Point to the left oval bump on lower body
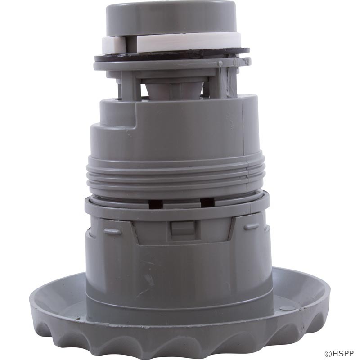click(x=112, y=232)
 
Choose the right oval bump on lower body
click(x=251, y=227)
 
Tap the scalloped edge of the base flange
click(x=180, y=344)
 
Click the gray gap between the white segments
click(x=131, y=44)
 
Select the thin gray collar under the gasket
click(x=171, y=65)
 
